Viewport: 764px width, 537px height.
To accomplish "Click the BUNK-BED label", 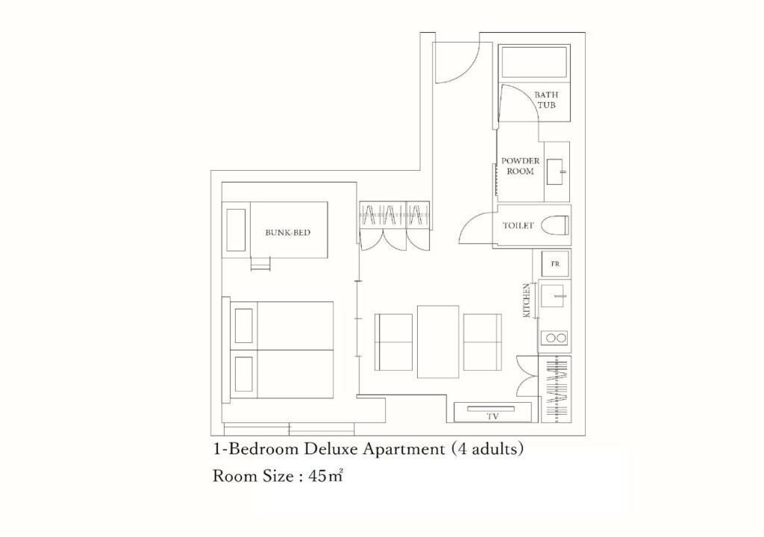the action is pyautogui.click(x=287, y=233).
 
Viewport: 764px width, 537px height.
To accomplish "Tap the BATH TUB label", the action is pyautogui.click(x=546, y=99).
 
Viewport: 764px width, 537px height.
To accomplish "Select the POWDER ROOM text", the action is pyautogui.click(x=520, y=166).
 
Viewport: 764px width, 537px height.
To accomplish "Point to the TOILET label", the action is pyautogui.click(x=518, y=226).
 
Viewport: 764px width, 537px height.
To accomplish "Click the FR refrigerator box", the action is pyautogui.click(x=555, y=263).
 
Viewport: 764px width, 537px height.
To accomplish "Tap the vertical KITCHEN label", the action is pyautogui.click(x=527, y=300).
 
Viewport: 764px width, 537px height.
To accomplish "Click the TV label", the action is pyautogui.click(x=492, y=417).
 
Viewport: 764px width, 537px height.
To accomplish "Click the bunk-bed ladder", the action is pyautogui.click(x=260, y=263).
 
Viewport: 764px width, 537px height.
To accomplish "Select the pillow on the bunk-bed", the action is pyautogui.click(x=236, y=230).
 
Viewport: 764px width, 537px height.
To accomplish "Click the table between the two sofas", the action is pyautogui.click(x=438, y=342).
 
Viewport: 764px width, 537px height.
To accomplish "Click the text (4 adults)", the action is pyautogui.click(x=486, y=448).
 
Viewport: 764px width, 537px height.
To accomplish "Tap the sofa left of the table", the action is pyautogui.click(x=394, y=342).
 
